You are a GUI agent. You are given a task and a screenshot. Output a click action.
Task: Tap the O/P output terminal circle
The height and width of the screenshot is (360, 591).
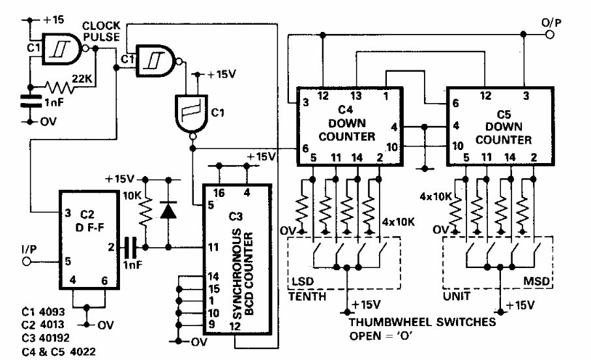coord(550,35)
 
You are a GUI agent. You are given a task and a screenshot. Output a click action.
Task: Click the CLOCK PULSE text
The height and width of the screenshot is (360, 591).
coord(101,31)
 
